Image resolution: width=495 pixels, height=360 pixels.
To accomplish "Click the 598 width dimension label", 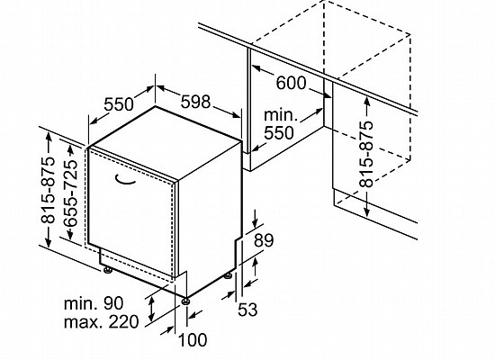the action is pos(195,102).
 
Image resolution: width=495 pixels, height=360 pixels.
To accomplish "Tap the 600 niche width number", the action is pos(291,83).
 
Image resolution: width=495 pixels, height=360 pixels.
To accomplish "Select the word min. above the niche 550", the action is pos(281,115).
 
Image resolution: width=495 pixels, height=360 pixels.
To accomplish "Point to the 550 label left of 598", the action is pos(119,104).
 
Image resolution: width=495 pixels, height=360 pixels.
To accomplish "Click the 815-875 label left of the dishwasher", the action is pos(48,190).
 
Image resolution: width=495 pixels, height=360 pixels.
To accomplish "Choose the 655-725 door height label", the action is pos(70,193).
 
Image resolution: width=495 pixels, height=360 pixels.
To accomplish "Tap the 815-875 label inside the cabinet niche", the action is pos(366,154).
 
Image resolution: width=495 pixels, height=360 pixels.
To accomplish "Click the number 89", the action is pos(264,240).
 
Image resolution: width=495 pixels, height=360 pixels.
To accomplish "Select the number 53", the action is pos(247,310).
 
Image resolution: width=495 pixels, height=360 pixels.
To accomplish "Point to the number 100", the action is pos(193,340).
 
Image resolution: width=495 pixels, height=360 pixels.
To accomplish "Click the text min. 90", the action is pos(94,303).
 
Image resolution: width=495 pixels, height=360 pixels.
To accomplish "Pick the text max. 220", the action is pos(102,322).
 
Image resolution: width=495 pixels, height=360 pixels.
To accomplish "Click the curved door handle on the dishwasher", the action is pos(125,180).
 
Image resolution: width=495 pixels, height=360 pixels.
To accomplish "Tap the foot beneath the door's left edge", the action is pos(108,270).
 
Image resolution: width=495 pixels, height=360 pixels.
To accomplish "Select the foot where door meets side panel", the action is pos(185,301).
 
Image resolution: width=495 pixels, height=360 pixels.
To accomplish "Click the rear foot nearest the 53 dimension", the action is pos(228,276).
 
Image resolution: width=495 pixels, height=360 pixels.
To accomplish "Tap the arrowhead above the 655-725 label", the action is pos(70,149).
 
